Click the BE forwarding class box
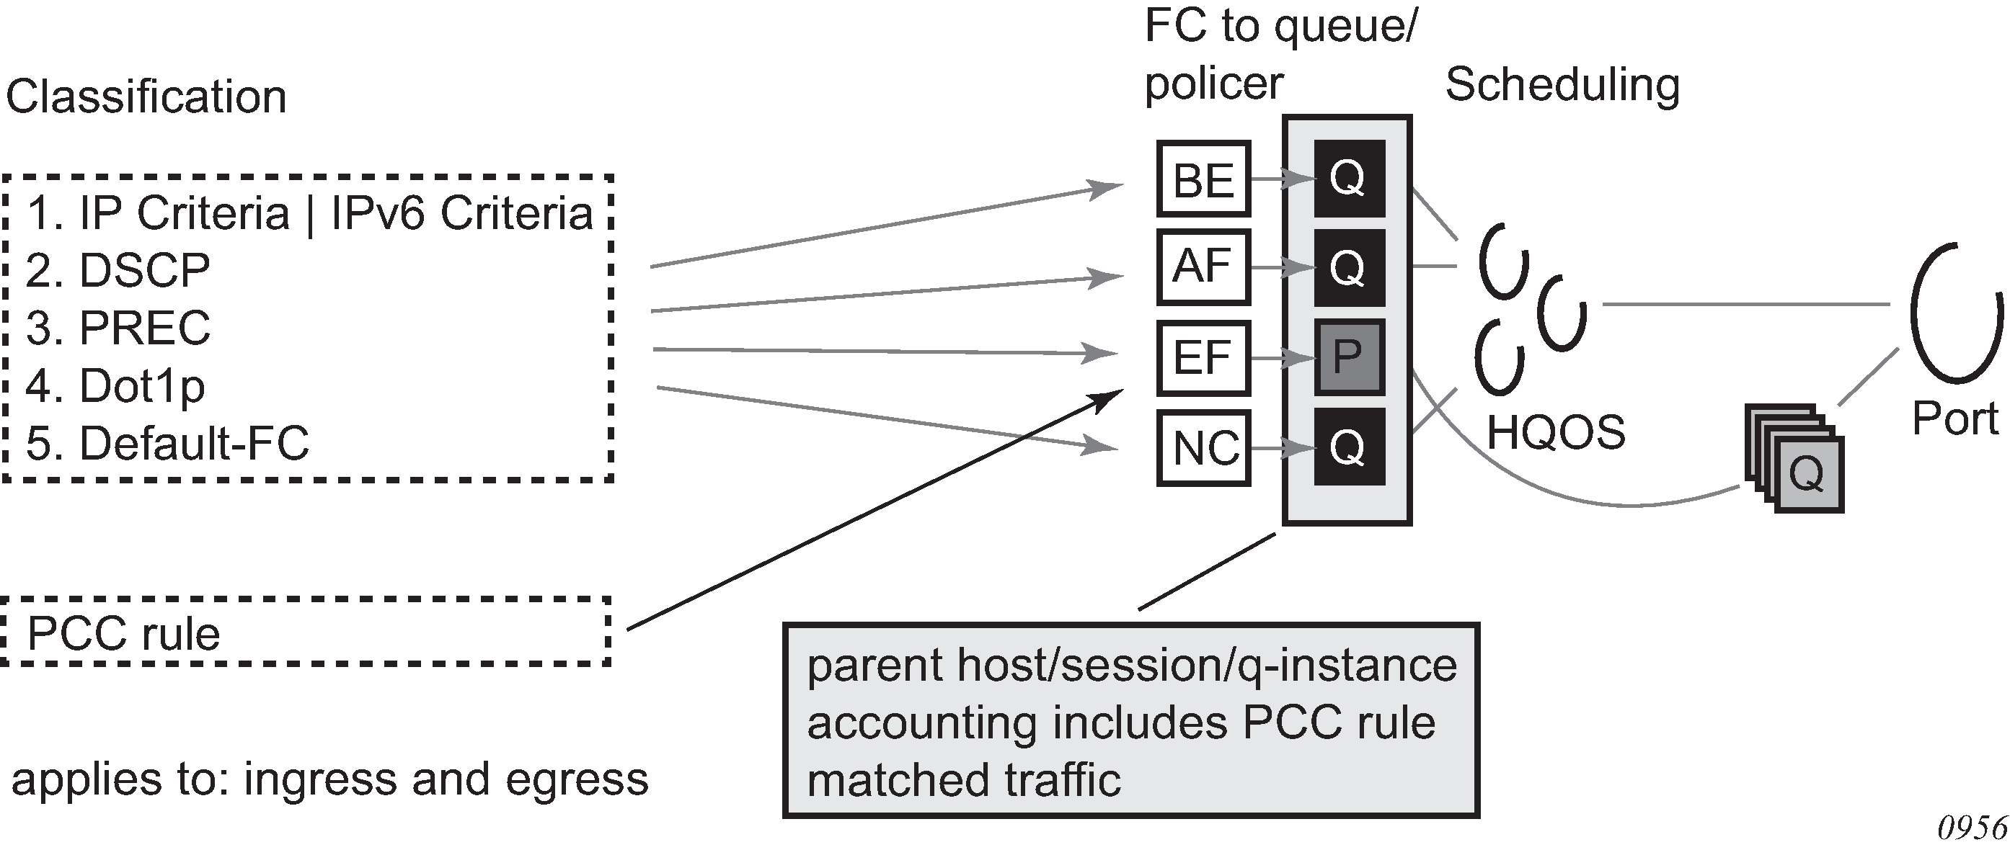pos(1203,179)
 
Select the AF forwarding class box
pos(1203,267)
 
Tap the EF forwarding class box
pos(1203,358)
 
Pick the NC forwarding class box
pos(1203,448)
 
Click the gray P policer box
pos(1349,357)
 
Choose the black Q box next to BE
pos(1349,179)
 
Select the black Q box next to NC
pos(1349,447)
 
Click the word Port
pos(1954,419)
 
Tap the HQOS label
pos(1556,432)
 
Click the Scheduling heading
pos(1562,86)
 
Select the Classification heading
pos(146,97)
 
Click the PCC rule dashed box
pos(306,632)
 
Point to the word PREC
pos(145,328)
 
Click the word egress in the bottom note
pos(577,780)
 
